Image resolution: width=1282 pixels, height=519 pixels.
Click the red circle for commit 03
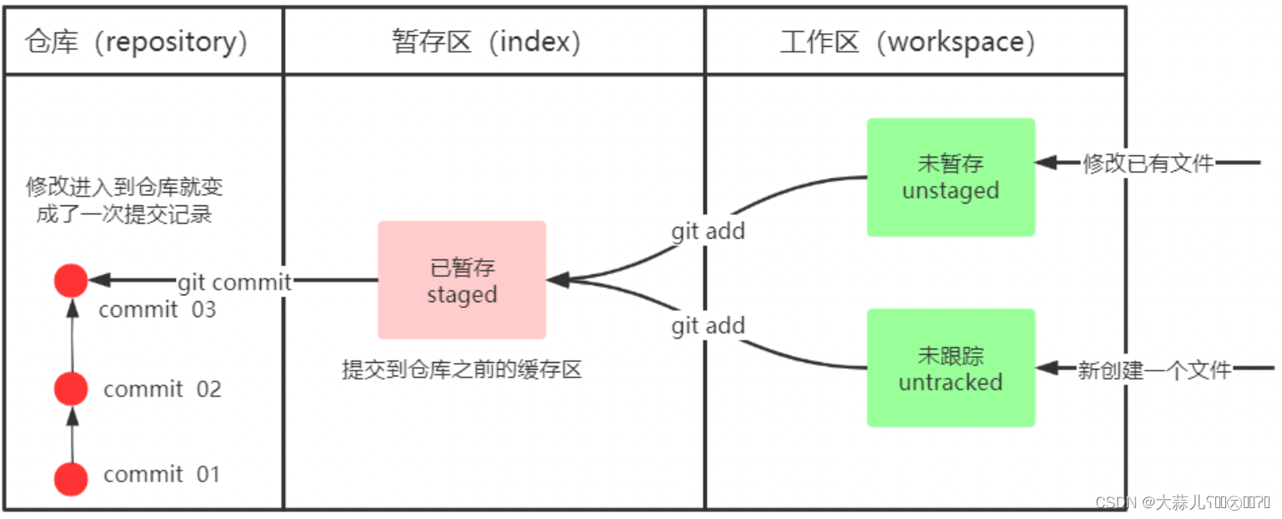tap(71, 281)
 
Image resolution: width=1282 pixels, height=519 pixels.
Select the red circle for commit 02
tap(71, 389)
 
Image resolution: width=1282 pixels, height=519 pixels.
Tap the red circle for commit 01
tap(71, 479)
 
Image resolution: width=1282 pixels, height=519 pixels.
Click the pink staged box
tap(462, 280)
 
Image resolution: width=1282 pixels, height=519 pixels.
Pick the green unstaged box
tap(950, 177)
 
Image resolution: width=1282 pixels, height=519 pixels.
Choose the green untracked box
tap(950, 368)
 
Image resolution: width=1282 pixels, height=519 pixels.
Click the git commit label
tap(234, 282)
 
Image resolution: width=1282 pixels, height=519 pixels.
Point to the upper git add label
tap(708, 231)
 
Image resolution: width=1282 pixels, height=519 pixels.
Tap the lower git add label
tap(708, 325)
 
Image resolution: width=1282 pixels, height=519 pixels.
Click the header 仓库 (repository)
tap(137, 42)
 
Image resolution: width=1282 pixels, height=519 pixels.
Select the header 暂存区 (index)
tap(486, 42)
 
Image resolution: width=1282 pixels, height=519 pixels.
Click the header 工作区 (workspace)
tap(908, 42)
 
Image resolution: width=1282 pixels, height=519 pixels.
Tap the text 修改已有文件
tap(1148, 164)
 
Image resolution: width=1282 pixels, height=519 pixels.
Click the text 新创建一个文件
tap(1154, 369)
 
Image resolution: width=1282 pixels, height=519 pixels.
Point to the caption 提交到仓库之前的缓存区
tap(462, 370)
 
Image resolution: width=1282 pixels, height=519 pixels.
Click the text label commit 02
tap(163, 389)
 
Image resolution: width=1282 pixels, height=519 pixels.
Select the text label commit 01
tap(162, 475)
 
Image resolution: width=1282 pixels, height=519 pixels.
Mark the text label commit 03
tap(158, 310)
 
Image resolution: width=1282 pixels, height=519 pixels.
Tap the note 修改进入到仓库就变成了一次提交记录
tap(124, 199)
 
